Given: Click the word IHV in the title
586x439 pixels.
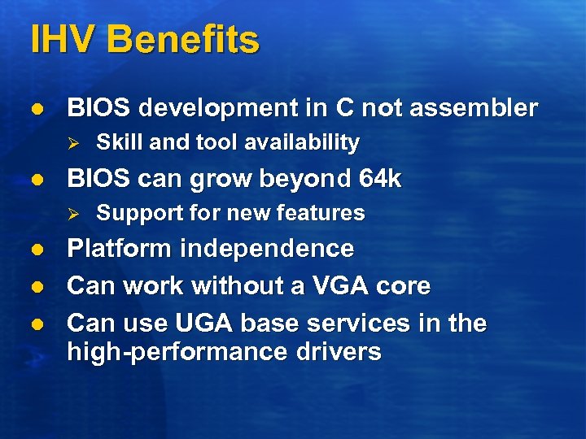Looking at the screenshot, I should pyautogui.click(x=63, y=40).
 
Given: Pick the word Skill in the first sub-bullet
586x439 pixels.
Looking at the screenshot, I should pyautogui.click(x=120, y=143).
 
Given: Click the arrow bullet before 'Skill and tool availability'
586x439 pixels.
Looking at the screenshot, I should pyautogui.click(x=72, y=144).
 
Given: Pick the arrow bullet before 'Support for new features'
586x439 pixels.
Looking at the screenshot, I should pyautogui.click(x=72, y=214).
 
